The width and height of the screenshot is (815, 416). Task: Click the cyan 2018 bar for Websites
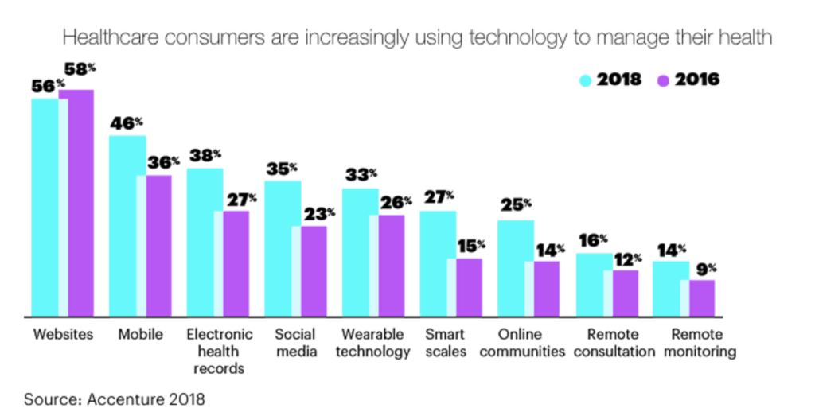click(x=45, y=207)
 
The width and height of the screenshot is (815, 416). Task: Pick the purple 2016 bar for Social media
click(x=313, y=270)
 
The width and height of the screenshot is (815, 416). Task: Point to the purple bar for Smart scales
click(x=468, y=287)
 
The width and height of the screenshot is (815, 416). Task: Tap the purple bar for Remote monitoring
click(x=701, y=298)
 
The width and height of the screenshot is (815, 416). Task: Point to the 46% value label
click(x=127, y=124)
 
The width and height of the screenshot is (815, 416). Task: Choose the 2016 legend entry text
click(x=696, y=80)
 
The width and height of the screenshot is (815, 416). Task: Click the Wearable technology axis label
click(x=372, y=343)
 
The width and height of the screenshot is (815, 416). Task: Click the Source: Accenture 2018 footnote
click(x=114, y=399)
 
